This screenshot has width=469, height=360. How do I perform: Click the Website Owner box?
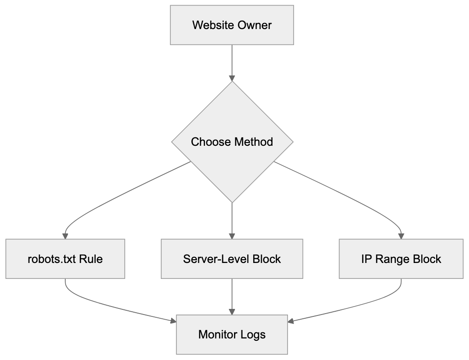(232, 25)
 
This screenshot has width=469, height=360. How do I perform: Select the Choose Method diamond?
(232, 142)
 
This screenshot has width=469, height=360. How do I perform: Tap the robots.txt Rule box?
(65, 259)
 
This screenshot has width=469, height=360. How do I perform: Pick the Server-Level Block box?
(232, 259)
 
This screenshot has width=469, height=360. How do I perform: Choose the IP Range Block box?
(401, 259)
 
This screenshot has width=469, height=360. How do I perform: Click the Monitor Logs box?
(232, 335)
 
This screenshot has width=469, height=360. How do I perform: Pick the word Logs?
(253, 335)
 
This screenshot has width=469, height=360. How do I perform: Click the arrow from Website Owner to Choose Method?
(232, 61)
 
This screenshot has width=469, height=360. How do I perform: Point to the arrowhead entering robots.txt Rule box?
(65, 235)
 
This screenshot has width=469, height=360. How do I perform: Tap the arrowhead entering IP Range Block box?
(401, 235)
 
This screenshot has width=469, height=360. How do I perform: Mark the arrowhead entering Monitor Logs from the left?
(173, 321)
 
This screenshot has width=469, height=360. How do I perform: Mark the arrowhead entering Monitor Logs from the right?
(291, 321)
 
